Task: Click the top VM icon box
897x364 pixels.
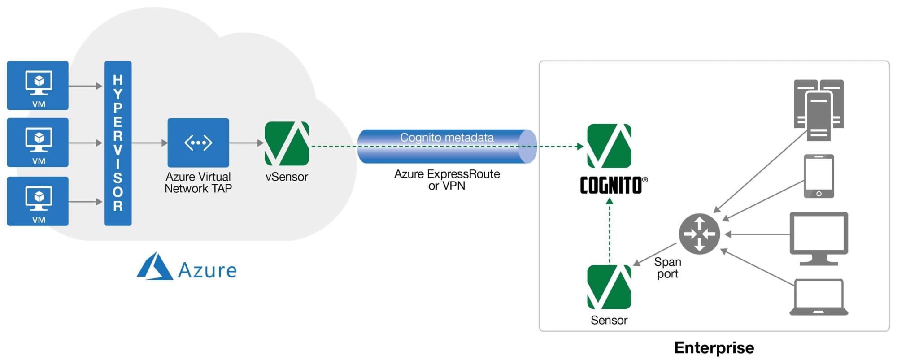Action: click(38, 85)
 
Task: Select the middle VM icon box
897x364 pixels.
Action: click(38, 142)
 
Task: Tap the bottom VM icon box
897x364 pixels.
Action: click(38, 201)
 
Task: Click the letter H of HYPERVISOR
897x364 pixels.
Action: click(118, 80)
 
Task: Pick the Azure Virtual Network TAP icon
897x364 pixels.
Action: click(198, 143)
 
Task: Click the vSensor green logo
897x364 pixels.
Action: click(287, 143)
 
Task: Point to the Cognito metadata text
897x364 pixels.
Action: click(447, 138)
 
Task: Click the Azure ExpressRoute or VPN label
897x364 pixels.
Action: click(447, 180)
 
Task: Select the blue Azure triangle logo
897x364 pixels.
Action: click(155, 267)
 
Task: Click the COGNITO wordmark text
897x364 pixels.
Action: click(611, 185)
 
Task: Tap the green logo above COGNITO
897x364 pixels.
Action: click(609, 146)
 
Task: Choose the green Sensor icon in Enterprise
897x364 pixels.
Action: click(609, 287)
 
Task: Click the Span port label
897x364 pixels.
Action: click(667, 268)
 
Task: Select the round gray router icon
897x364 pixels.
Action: click(699, 234)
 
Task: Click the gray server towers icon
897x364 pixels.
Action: click(819, 110)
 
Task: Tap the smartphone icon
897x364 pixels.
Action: click(819, 176)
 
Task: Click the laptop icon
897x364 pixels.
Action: click(819, 297)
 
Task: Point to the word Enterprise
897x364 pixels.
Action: click(714, 348)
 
